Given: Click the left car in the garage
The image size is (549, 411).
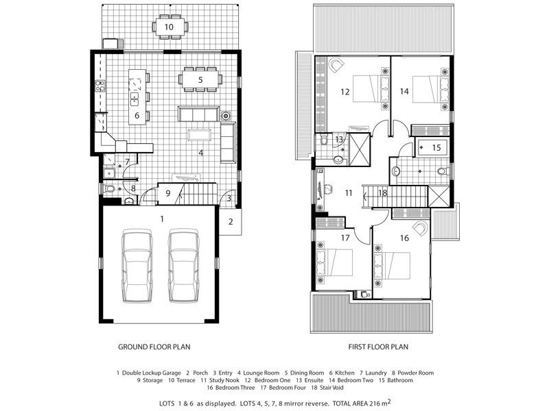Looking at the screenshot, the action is [137, 266].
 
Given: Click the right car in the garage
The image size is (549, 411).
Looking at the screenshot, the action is [184, 266].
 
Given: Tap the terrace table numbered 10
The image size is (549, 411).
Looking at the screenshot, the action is [170, 27].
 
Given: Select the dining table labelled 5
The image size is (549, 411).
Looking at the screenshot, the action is [200, 79].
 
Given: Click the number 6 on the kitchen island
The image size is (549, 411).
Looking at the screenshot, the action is [137, 115].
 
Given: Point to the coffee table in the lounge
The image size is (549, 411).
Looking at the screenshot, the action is [200, 134].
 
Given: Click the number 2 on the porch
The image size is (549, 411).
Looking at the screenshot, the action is [231, 221].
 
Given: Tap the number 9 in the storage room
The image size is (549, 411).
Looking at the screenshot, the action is [167, 193].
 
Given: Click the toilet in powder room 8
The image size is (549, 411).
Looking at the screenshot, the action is [109, 189].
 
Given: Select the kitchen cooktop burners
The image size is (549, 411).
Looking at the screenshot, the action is [100, 86].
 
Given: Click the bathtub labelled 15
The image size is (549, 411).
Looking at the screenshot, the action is [431, 147].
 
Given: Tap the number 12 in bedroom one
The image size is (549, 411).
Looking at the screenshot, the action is [345, 92].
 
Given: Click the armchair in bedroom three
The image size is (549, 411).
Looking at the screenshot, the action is [420, 228].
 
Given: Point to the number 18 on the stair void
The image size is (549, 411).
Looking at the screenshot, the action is [383, 192].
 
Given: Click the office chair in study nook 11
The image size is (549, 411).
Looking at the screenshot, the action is [328, 189].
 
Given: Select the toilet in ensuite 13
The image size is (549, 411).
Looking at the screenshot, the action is [323, 140].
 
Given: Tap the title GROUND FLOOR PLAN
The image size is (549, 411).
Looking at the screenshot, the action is [154, 347].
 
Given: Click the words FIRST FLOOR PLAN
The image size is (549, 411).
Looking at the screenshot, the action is [378, 347].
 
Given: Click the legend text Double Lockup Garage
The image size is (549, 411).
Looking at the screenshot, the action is [151, 373].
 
